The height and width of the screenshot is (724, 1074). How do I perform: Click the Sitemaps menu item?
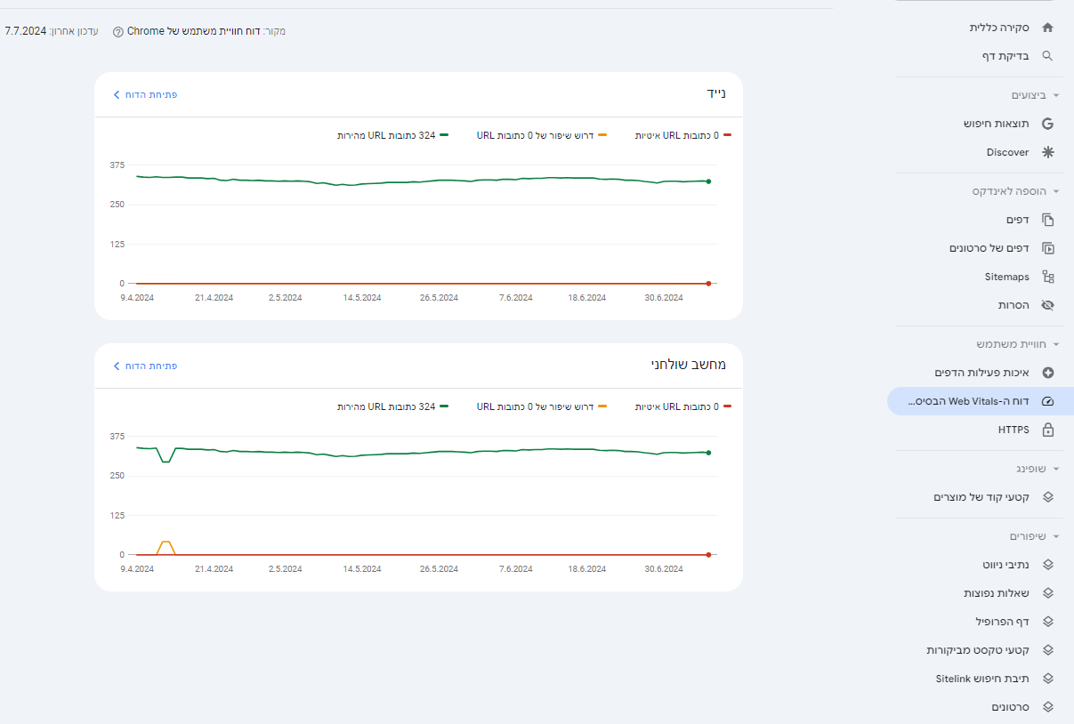point(1007,277)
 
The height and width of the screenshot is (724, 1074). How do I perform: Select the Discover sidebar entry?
point(1007,152)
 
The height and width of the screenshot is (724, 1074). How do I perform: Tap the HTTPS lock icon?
point(1048,430)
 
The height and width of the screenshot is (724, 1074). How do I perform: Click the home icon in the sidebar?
point(1047,28)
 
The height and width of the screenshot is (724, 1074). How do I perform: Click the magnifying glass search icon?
point(1047,56)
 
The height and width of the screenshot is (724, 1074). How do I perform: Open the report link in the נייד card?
point(145,95)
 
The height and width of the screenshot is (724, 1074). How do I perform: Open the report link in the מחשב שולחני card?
point(145,366)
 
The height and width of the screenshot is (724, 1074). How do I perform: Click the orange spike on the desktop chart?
point(166,542)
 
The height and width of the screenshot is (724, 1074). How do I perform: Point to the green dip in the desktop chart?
point(166,462)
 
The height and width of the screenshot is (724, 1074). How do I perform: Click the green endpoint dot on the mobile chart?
point(708,181)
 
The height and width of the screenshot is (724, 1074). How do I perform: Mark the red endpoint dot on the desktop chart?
point(708,555)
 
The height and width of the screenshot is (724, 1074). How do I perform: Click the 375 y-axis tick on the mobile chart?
point(117,165)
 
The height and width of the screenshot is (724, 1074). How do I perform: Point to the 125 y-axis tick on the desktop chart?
point(117,516)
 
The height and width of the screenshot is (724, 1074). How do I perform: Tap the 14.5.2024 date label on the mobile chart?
point(362,298)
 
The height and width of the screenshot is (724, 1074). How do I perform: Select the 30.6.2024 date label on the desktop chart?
point(664,568)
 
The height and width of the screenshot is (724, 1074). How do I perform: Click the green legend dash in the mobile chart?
point(444,135)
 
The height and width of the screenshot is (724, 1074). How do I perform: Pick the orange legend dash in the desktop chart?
point(602,406)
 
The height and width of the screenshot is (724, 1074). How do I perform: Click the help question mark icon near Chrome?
point(118,32)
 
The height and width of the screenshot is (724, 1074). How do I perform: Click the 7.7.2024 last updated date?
point(26,31)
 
